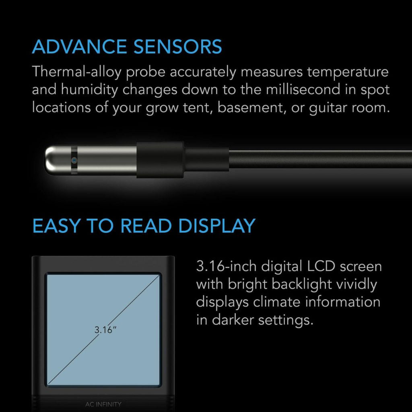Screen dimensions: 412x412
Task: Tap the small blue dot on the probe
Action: pos(74,160)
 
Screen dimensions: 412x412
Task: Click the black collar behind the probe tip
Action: pos(160,160)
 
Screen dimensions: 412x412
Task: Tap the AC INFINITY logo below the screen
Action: pos(103,404)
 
